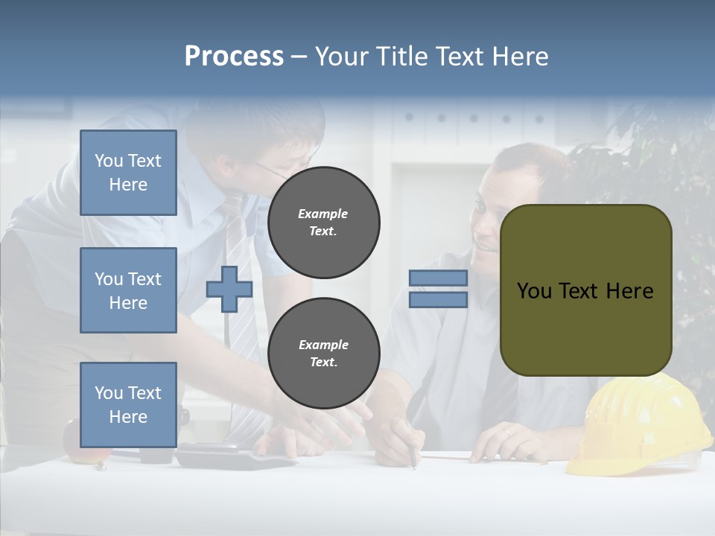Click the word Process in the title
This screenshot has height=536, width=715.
[x=234, y=57]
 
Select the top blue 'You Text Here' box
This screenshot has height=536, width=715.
[x=128, y=173]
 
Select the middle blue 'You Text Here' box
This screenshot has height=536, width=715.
[x=128, y=290]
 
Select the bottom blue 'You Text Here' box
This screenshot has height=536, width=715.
[x=128, y=404]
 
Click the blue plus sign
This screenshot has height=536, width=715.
[x=229, y=289]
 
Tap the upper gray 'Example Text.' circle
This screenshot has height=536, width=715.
[x=323, y=223]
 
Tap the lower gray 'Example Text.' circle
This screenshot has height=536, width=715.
[x=323, y=354]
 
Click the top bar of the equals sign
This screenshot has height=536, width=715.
[x=438, y=278]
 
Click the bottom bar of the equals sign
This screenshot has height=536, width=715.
[x=438, y=300]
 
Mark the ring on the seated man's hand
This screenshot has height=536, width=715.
[x=507, y=432]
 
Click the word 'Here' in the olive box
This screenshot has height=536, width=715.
[x=629, y=291]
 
